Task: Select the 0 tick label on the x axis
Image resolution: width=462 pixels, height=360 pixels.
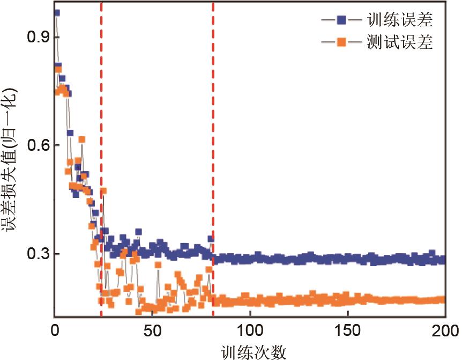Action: click(x=55, y=329)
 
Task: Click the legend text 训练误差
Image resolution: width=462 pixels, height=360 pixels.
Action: click(x=400, y=21)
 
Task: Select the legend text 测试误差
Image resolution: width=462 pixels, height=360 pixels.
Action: click(x=400, y=42)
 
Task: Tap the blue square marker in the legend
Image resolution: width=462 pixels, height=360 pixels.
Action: click(x=341, y=21)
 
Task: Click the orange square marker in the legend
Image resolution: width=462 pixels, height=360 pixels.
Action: click(x=341, y=42)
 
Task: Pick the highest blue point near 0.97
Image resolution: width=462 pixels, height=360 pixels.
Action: click(x=56, y=13)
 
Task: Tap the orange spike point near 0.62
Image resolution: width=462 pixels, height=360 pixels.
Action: click(x=82, y=139)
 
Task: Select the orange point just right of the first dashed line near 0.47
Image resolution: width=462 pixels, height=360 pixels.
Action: click(x=104, y=191)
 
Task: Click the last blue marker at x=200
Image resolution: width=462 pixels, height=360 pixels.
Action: click(x=442, y=260)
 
